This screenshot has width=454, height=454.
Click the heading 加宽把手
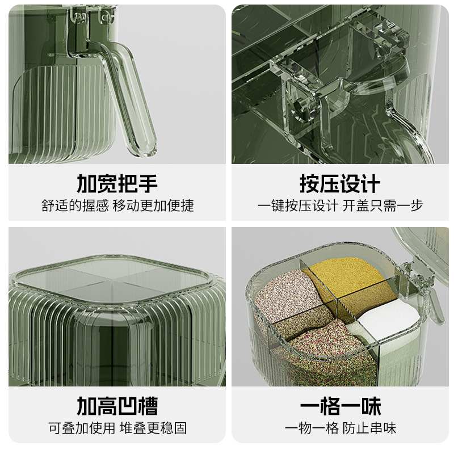pos(117,184)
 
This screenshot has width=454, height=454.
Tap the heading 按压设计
pos(340,184)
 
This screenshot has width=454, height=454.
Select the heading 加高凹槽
pos(117,406)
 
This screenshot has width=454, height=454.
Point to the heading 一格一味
pos(340,406)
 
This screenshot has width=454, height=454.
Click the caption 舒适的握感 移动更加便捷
pos(117,205)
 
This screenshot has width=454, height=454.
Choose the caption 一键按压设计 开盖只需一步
pos(340,205)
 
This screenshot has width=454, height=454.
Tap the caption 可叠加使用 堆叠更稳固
pos(117,428)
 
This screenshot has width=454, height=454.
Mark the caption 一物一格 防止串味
pos(340,428)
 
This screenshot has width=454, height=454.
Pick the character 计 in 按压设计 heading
pos(370,184)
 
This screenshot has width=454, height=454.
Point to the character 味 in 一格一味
pos(370,406)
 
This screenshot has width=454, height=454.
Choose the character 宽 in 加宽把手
pos(107,184)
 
